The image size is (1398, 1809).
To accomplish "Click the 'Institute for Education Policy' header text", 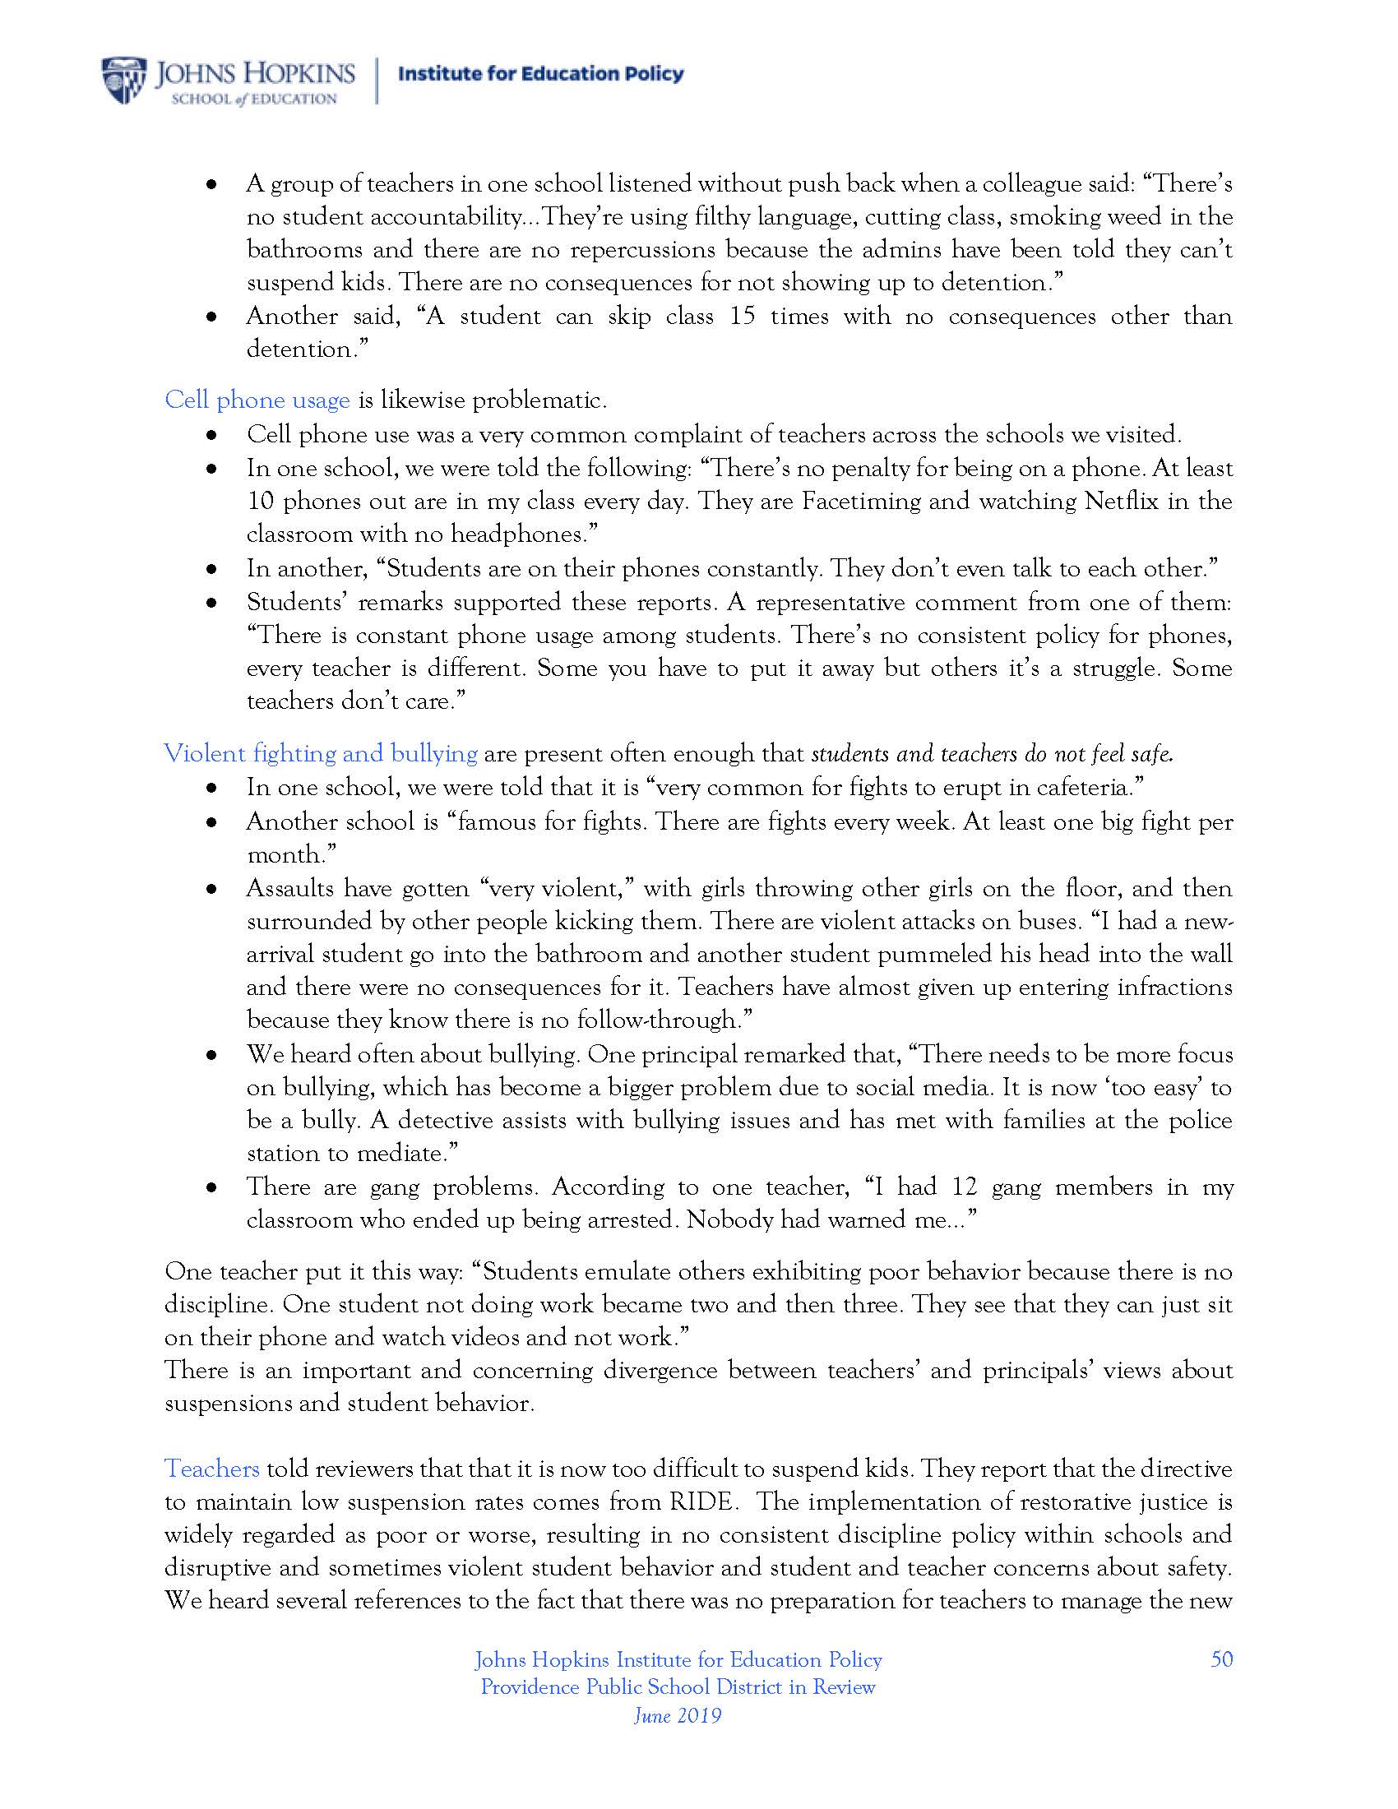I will click(x=541, y=74).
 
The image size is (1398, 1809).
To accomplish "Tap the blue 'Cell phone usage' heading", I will click(x=257, y=400).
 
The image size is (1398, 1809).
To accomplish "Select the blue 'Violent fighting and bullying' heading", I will click(x=321, y=754).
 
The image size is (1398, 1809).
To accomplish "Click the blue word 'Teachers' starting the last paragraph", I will click(x=212, y=1469).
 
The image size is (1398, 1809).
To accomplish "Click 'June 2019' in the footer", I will click(x=678, y=1715).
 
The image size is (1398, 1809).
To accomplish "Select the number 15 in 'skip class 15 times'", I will click(x=742, y=317).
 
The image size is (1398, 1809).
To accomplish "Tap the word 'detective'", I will click(x=453, y=1121).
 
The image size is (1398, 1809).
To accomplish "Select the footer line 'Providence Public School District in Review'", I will click(x=678, y=1687).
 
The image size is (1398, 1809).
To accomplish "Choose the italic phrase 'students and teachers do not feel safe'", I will click(x=993, y=754).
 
